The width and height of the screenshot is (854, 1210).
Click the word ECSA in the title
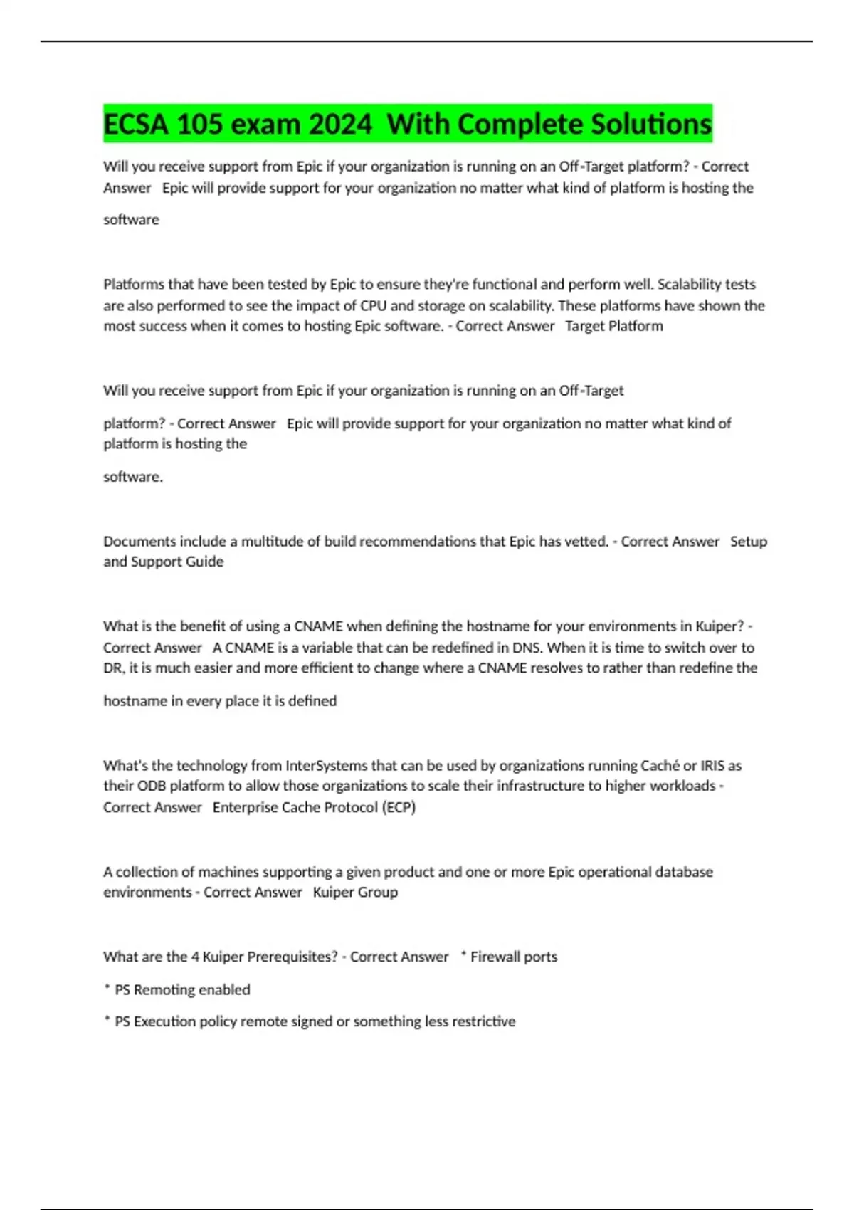(136, 125)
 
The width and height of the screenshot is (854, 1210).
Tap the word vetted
(586, 542)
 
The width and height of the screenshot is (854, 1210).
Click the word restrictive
(483, 1021)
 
